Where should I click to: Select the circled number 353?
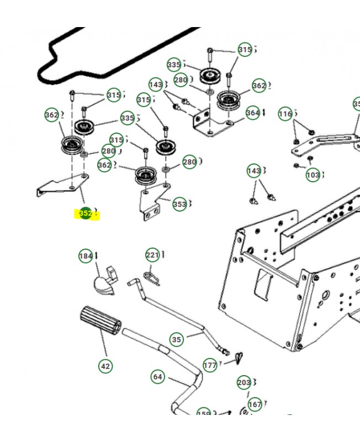[179, 204]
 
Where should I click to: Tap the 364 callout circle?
[252, 113]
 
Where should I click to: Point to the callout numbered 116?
[285, 114]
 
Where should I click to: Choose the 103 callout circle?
[313, 175]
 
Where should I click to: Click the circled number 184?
[86, 256]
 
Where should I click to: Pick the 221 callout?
[152, 255]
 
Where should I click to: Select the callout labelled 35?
[176, 339]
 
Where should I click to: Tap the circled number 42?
[105, 366]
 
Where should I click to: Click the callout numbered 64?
[158, 377]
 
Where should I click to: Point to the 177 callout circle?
[210, 365]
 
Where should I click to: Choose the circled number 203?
[243, 382]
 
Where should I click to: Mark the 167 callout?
[255, 404]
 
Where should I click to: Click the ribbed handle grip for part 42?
[100, 320]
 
